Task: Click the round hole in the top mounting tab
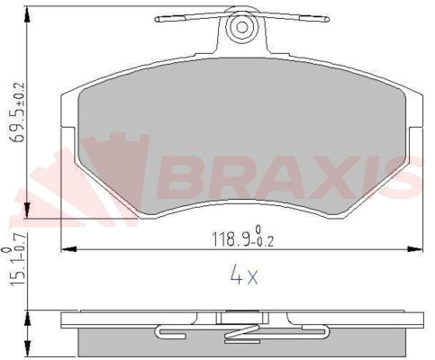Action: [x=242, y=27]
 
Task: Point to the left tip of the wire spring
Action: [x=156, y=20]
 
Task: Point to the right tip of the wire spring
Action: [x=327, y=20]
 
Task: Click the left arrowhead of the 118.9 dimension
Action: [x=68, y=249]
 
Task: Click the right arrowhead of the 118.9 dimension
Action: [x=415, y=249]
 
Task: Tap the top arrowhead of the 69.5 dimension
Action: [x=27, y=14]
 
